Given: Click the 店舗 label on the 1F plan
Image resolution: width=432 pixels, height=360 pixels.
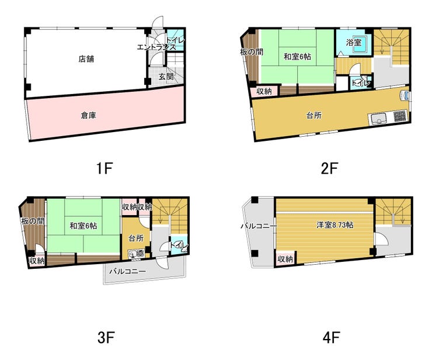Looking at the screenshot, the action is coord(86,59).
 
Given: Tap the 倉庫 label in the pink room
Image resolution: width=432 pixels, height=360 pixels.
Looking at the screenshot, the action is coord(88,115).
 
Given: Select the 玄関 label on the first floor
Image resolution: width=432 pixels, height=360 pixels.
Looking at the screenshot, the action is coord(166,77).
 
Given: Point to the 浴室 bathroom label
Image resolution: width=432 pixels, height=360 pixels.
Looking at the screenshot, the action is coord(353,43).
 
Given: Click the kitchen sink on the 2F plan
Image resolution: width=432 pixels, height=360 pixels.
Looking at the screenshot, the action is coord(379,119).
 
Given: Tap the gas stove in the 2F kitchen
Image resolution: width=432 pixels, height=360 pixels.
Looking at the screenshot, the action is coord(400,116).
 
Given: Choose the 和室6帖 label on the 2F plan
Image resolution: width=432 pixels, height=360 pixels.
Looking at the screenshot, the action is coord(298,57).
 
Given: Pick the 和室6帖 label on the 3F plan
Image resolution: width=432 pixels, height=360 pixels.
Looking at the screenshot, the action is coord(83,226).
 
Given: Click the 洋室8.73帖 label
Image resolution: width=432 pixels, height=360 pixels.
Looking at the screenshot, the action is coord(335,225).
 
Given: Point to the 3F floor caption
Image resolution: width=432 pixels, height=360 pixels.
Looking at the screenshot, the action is coord(106,337).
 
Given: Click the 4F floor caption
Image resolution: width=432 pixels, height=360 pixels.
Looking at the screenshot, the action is coord(331,337).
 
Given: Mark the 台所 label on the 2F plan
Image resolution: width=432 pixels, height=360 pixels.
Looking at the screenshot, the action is coord(314,115).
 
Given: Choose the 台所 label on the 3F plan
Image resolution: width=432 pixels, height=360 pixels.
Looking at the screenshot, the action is coord(136,238).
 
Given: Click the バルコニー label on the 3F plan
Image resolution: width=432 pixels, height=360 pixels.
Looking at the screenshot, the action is coord(127,271).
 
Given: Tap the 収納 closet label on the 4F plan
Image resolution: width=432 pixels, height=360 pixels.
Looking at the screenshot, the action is coord(285,259).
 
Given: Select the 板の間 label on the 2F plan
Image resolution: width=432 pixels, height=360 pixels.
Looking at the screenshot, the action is coord(252,51).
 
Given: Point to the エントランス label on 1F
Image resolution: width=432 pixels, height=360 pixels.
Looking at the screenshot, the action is coord(156,47).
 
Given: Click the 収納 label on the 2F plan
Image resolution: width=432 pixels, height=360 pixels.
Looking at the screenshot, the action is coord(264,91).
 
